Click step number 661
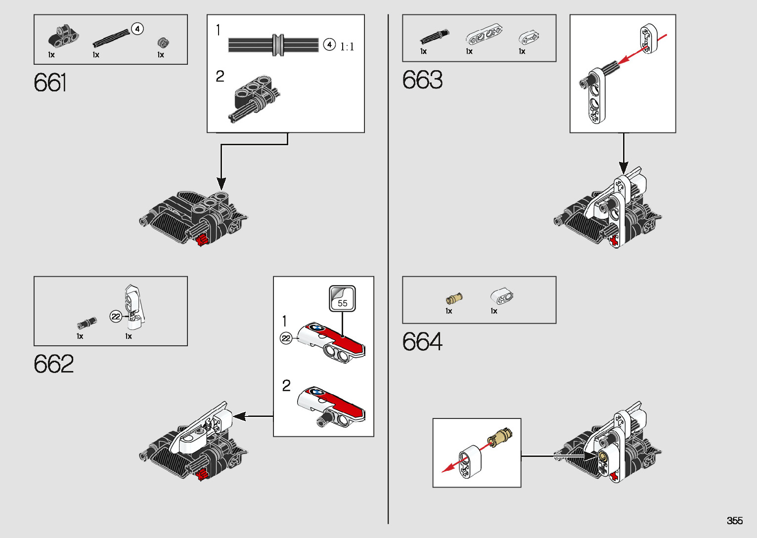[x=50, y=83]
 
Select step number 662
[x=53, y=364]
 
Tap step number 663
[x=422, y=80]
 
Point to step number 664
[x=422, y=341]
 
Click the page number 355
[x=735, y=521]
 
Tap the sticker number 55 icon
[x=342, y=298]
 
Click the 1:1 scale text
[x=347, y=47]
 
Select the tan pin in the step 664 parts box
[x=454, y=298]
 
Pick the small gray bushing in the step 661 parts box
[x=163, y=42]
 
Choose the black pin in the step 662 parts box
[x=87, y=323]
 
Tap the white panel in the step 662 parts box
[x=134, y=306]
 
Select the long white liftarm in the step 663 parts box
[x=484, y=36]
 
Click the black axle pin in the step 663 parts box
[x=435, y=37]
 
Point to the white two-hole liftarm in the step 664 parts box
[x=502, y=296]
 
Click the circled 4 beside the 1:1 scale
[x=329, y=45]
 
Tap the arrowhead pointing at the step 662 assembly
[x=239, y=416]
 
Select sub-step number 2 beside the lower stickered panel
[x=287, y=385]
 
